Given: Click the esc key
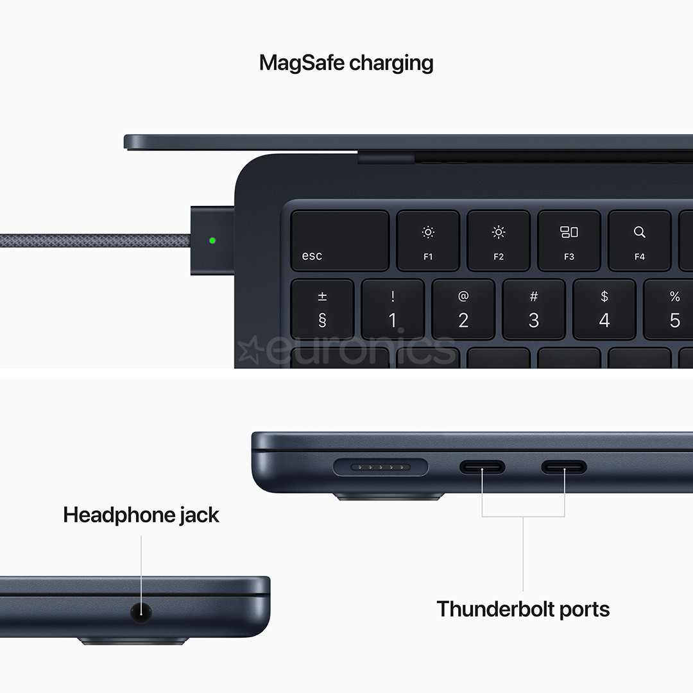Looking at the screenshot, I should [339, 241].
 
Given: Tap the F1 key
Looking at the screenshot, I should [428, 241].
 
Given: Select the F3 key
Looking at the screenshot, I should [569, 241].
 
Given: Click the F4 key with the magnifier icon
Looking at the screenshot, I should [639, 241].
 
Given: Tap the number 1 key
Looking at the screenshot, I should [393, 309].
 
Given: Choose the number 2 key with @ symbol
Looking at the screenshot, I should [463, 309].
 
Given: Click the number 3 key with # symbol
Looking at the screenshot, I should [534, 309].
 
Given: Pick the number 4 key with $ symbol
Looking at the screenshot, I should [604, 309].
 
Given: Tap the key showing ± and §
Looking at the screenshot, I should [322, 309].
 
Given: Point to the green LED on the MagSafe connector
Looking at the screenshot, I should [212, 241].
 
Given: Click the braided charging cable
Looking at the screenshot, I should [96, 241].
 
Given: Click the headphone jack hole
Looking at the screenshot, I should [141, 611].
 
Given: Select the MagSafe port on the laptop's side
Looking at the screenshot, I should [381, 466].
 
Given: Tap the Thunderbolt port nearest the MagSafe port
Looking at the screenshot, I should [482, 466].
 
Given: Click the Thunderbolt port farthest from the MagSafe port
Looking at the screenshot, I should [564, 466].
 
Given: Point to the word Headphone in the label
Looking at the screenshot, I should [119, 515].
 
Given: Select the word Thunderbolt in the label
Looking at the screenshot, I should [492, 608].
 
